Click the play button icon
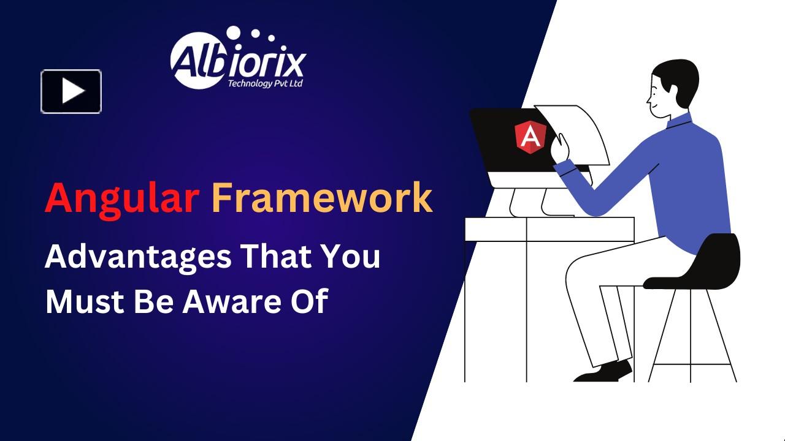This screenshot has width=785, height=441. [x=71, y=91]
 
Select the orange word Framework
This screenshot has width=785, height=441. [x=323, y=197]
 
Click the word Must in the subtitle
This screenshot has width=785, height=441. [x=85, y=301]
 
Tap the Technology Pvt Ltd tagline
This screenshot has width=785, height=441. [x=265, y=83]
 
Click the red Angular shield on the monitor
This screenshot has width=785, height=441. [x=530, y=137]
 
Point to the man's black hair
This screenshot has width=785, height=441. [x=678, y=80]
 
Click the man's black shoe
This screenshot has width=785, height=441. [x=603, y=372]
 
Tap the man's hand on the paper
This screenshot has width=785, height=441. [x=560, y=148]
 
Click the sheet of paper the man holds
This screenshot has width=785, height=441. [x=575, y=135]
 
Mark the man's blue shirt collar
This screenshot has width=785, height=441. [x=679, y=120]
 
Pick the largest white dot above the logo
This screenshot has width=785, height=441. [x=234, y=32]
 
